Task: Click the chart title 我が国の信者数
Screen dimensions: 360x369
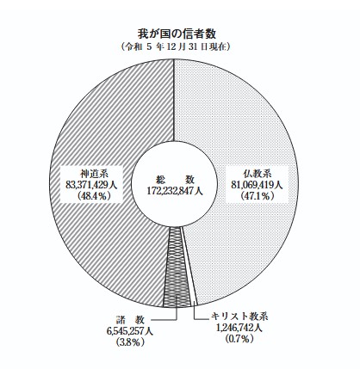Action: click(x=177, y=34)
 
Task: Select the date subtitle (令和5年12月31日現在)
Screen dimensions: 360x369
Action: click(x=176, y=46)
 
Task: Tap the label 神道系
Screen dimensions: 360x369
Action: click(x=91, y=174)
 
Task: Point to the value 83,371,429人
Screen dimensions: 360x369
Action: click(x=91, y=185)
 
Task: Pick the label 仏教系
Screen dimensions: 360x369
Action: click(x=257, y=174)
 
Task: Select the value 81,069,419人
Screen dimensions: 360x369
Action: click(x=257, y=185)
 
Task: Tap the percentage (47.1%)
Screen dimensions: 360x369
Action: click(x=258, y=196)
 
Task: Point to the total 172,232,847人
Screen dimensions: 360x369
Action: click(x=175, y=191)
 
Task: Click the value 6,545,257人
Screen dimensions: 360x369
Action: click(x=130, y=331)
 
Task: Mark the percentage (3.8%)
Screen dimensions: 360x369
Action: click(x=130, y=342)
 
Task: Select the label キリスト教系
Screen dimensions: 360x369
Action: click(x=239, y=317)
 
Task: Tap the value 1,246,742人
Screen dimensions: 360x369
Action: click(x=239, y=328)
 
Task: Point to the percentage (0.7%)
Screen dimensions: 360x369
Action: click(x=240, y=339)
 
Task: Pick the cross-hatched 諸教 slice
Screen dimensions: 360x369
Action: click(x=176, y=267)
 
